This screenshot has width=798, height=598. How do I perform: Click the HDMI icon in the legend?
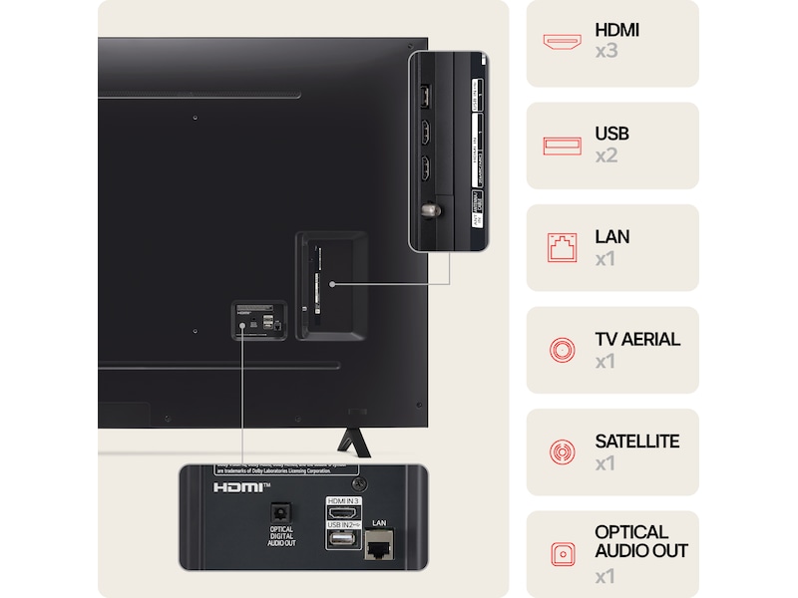coord(562,42)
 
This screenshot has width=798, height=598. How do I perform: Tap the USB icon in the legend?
coord(562,146)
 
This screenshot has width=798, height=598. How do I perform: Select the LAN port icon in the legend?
coord(562,247)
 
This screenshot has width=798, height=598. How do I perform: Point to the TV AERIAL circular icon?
coord(562,350)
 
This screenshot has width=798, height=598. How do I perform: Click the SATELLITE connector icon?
coord(562,451)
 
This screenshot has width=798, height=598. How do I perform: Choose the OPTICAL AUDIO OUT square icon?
coord(562,554)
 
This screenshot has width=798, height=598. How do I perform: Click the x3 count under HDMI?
coord(606,51)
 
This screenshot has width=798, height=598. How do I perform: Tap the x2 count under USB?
coord(606,155)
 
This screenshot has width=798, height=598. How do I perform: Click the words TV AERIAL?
coord(636,339)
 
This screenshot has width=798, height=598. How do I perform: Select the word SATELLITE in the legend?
coord(636,442)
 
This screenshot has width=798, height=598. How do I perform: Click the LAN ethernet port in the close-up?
coord(378,545)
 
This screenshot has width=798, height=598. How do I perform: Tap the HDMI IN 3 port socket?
coord(341,514)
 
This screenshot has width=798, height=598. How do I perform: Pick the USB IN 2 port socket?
coord(341,540)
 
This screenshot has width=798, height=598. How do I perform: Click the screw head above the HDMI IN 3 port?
coord(360,484)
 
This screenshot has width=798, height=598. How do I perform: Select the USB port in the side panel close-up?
coord(423,96)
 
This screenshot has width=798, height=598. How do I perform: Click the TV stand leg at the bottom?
coord(349,439)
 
